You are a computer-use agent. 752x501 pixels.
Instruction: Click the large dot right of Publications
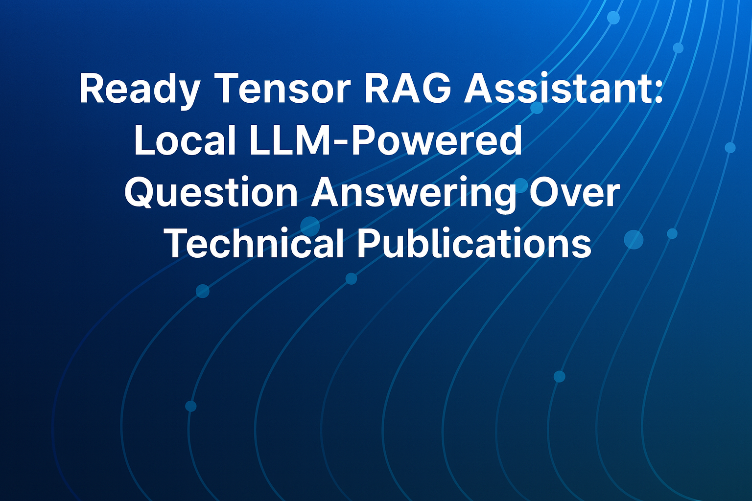634,240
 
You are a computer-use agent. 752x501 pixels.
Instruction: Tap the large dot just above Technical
310,226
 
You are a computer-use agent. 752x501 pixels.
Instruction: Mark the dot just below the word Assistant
537,108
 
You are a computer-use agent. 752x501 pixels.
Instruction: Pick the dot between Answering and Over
521,185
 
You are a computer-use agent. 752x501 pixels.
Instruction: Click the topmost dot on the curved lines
613,18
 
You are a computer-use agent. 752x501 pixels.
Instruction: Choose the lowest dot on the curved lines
190,406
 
